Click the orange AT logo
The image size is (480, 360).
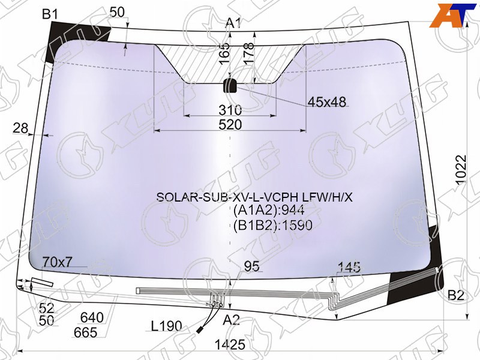click(x=454, y=16)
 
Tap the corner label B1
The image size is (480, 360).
click(x=50, y=14)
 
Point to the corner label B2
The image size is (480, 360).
click(x=456, y=295)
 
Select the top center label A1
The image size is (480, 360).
click(x=234, y=23)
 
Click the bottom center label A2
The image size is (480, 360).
click(x=231, y=320)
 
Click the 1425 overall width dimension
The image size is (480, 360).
click(x=230, y=344)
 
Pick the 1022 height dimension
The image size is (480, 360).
click(x=461, y=170)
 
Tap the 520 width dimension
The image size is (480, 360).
click(x=230, y=125)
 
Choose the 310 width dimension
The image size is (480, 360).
click(x=230, y=110)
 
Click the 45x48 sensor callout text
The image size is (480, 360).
click(x=326, y=102)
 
